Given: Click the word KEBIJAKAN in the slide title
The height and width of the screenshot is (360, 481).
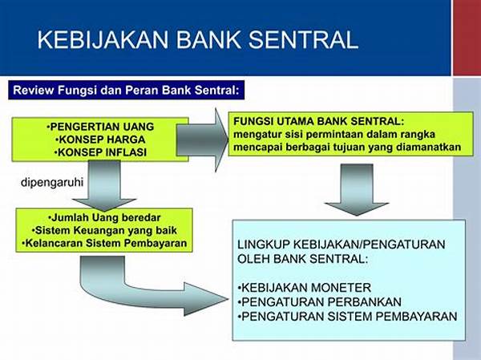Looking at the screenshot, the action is pos(103,39).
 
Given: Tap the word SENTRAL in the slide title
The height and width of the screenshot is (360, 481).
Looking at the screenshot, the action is pos(303,39).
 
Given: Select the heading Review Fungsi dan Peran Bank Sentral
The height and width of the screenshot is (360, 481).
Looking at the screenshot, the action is pos(126,91).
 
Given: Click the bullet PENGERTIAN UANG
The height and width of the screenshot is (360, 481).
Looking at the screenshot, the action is pos(100,127).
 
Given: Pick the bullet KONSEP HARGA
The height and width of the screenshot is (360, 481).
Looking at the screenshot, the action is pos(100,140).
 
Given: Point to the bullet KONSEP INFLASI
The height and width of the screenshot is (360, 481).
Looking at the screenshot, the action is pos(100,152).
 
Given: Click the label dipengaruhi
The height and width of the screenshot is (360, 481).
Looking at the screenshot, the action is pos(52,183).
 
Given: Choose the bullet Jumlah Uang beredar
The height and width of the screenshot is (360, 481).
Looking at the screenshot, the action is pos(104,217).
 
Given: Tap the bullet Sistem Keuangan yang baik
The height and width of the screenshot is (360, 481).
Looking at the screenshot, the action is pos(104,230).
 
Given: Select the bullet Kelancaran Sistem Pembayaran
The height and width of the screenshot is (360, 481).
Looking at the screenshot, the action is pos(104,243).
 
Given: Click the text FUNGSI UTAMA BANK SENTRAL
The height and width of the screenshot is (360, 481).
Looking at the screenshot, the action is pos(319,121).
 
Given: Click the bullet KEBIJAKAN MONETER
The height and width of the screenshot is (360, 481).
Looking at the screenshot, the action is pos(305,288).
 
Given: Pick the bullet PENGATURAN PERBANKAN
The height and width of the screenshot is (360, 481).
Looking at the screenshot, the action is pos(319,302).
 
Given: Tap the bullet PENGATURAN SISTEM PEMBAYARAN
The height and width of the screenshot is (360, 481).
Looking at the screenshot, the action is pos(347,317).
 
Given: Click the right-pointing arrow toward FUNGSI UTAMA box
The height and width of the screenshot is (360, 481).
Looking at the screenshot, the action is pos(203,140).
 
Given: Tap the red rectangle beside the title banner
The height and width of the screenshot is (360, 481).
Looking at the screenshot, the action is pos(467,38).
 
